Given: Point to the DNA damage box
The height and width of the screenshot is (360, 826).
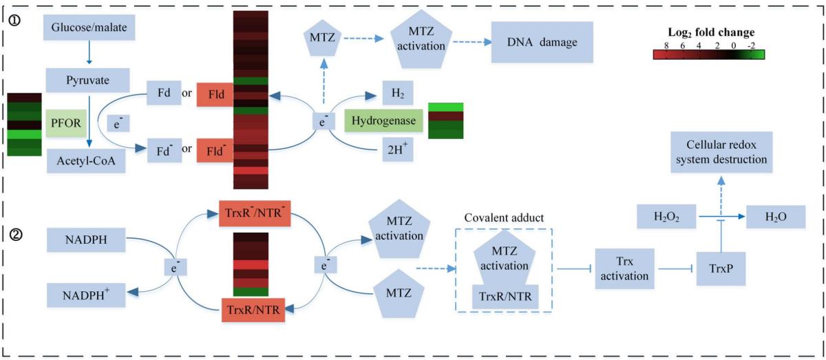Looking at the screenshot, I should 542,43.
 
